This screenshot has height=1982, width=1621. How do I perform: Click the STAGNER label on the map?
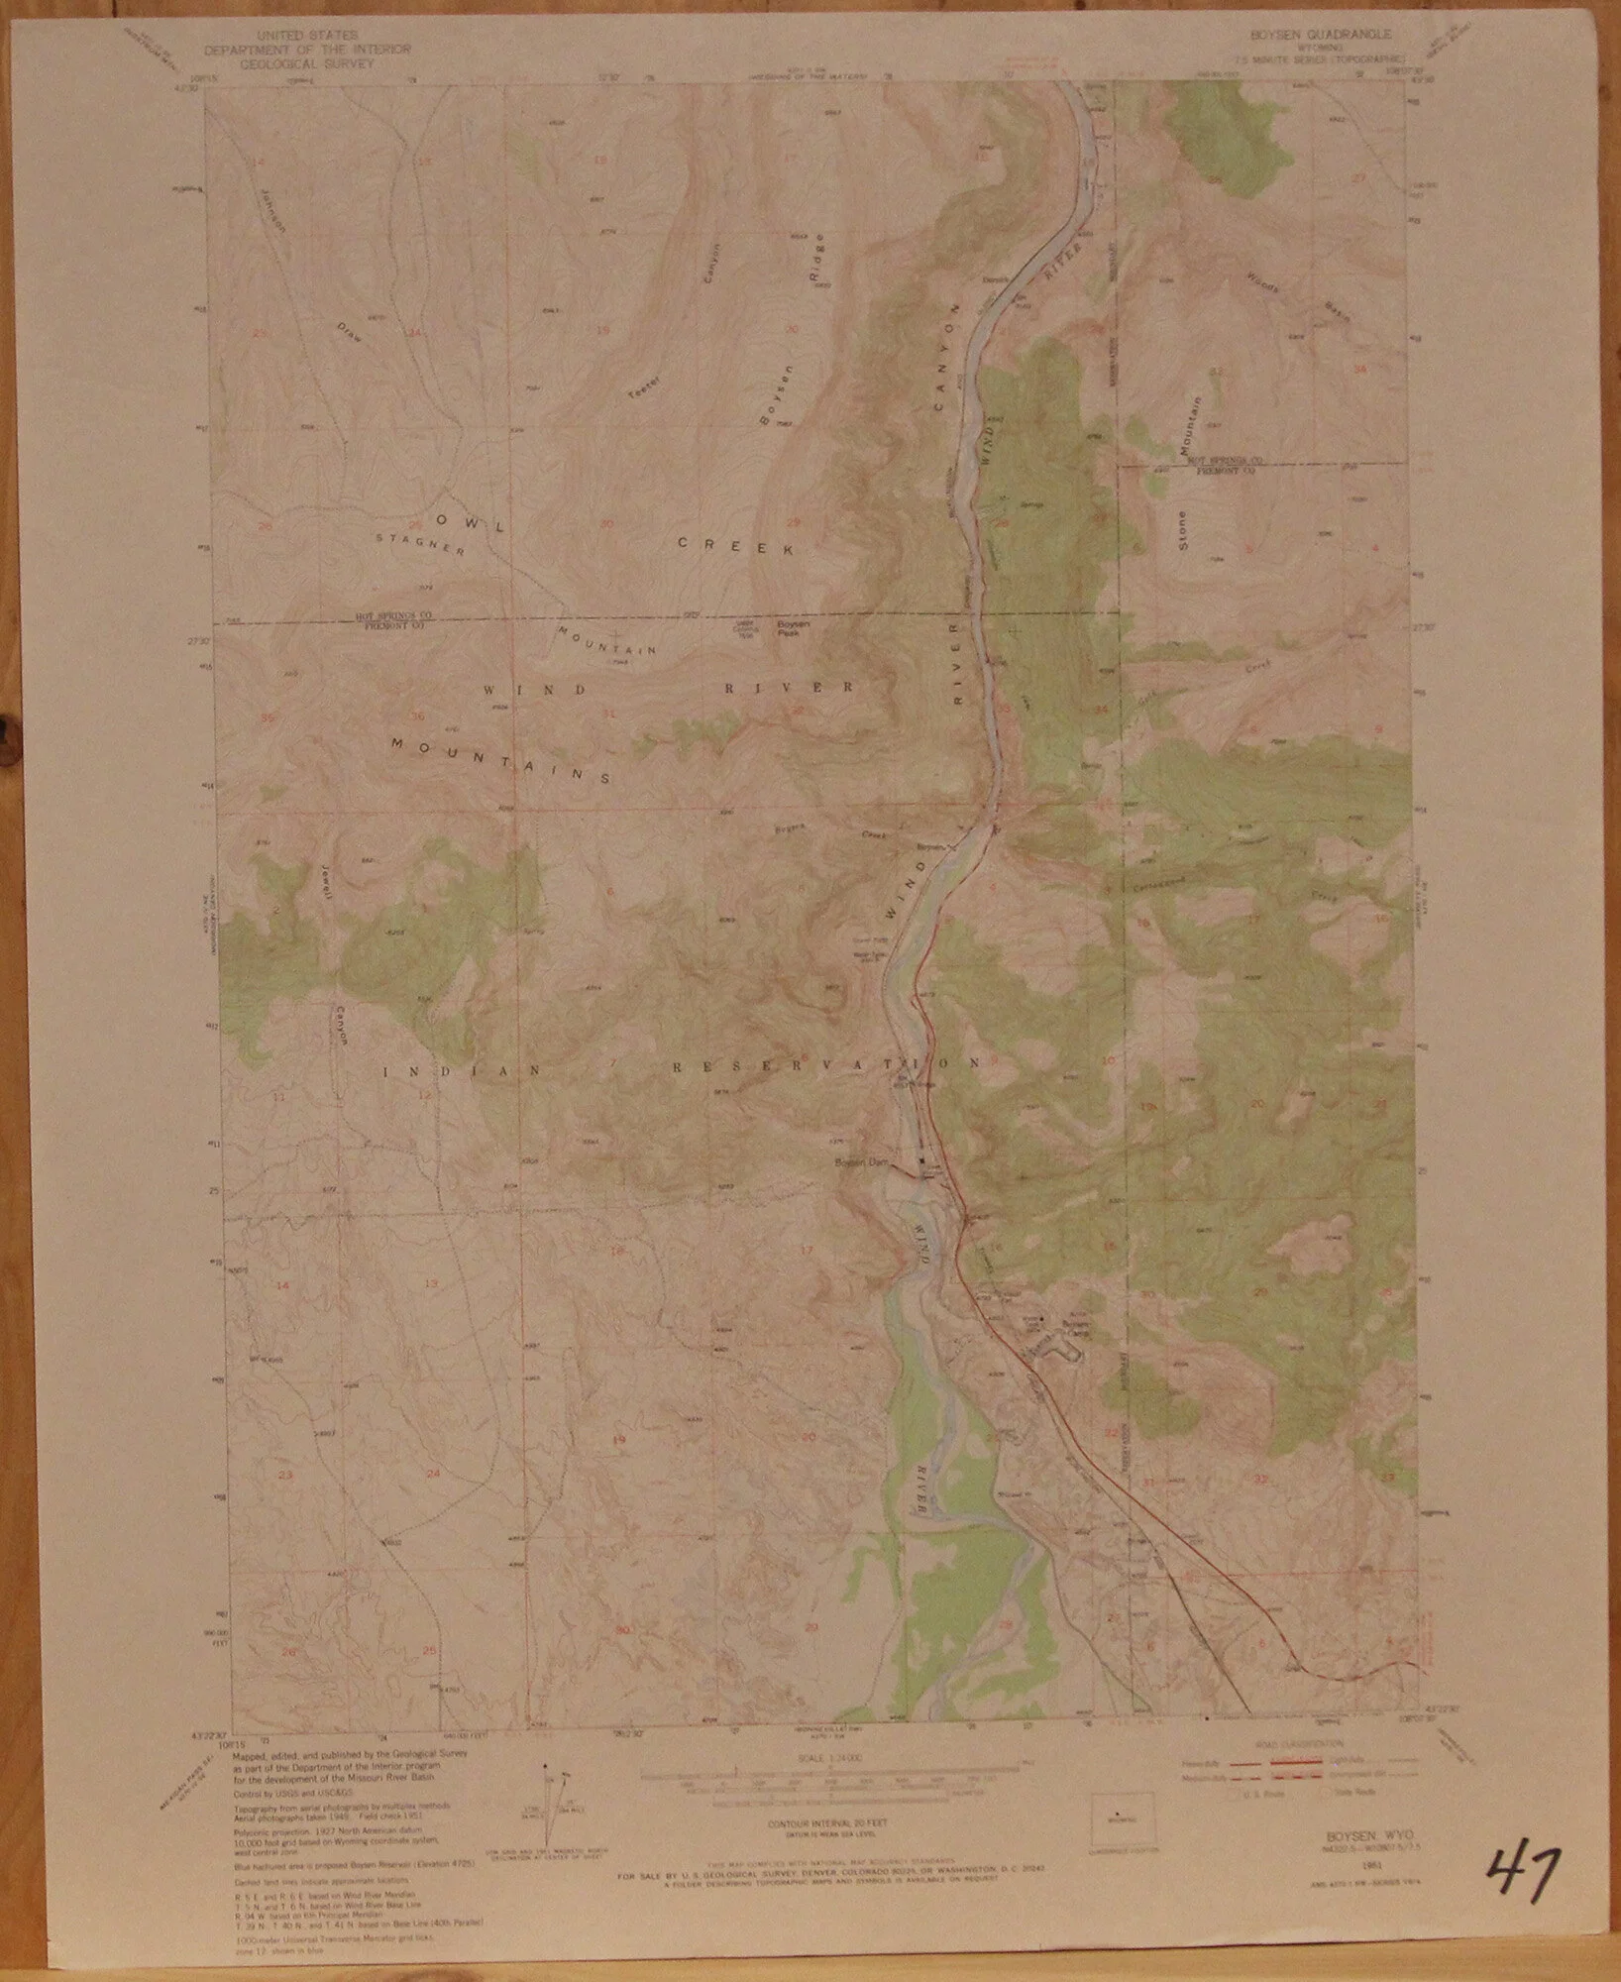tap(420, 544)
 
